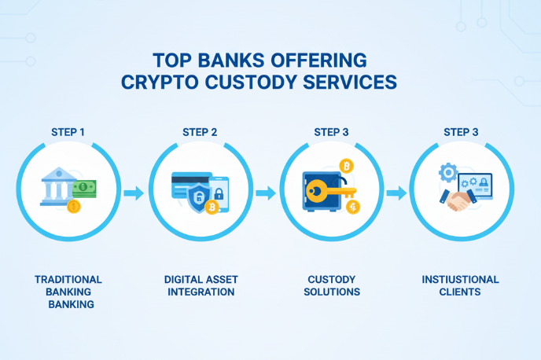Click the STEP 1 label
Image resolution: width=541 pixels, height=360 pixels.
point(68,132)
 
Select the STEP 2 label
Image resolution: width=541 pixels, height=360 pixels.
point(200,132)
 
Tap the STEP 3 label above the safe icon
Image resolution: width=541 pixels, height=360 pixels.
point(331,132)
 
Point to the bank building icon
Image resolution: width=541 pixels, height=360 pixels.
point(58,186)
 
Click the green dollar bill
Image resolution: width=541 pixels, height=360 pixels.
point(85,189)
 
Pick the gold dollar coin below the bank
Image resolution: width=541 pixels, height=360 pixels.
point(73,207)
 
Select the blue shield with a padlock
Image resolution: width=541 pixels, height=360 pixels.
point(199,197)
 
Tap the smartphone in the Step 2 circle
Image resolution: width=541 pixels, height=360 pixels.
point(219,194)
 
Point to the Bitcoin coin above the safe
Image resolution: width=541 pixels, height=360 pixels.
point(347,166)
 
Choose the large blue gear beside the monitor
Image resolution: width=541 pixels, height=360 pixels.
point(448,172)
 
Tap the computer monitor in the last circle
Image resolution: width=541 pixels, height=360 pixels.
point(475,186)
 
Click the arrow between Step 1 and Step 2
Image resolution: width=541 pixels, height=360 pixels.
point(134,193)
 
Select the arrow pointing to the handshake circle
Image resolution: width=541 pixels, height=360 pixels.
point(396,193)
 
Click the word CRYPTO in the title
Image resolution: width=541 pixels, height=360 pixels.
point(160,83)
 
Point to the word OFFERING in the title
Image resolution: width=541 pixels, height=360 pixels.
point(318,61)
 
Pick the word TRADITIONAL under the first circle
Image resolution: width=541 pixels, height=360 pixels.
point(68,279)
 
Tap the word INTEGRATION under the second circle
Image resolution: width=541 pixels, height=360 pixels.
point(201,292)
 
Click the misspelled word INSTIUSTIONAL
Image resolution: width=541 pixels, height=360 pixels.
point(460,279)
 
